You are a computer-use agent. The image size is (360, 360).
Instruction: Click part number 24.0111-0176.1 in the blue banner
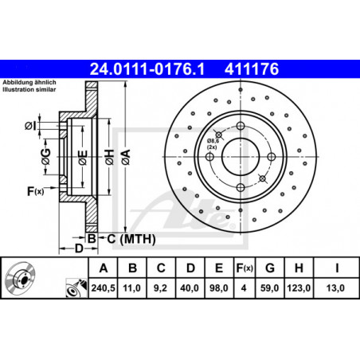[147, 69]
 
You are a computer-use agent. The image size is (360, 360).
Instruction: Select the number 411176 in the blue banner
[252, 69]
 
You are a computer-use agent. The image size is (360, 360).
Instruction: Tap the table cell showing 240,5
[104, 288]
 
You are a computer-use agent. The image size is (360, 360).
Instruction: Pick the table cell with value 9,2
[160, 288]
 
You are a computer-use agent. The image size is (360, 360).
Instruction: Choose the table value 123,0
[299, 288]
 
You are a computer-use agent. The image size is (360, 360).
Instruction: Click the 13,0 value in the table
[335, 288]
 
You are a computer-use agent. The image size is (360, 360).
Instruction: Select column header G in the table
[270, 268]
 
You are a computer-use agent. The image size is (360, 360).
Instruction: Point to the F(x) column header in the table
[245, 268]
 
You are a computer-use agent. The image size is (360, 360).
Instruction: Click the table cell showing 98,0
[219, 288]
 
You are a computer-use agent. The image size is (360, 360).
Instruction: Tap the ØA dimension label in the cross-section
[126, 157]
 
